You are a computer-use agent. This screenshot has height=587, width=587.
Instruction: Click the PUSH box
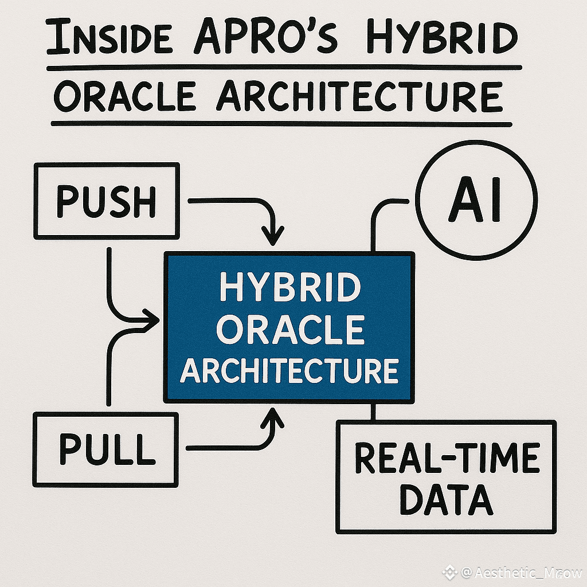107,201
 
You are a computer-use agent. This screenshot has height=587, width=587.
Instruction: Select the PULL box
107,450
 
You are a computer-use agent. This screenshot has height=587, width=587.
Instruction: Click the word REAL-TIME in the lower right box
447,458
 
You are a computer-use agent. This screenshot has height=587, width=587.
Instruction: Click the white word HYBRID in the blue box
289,289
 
